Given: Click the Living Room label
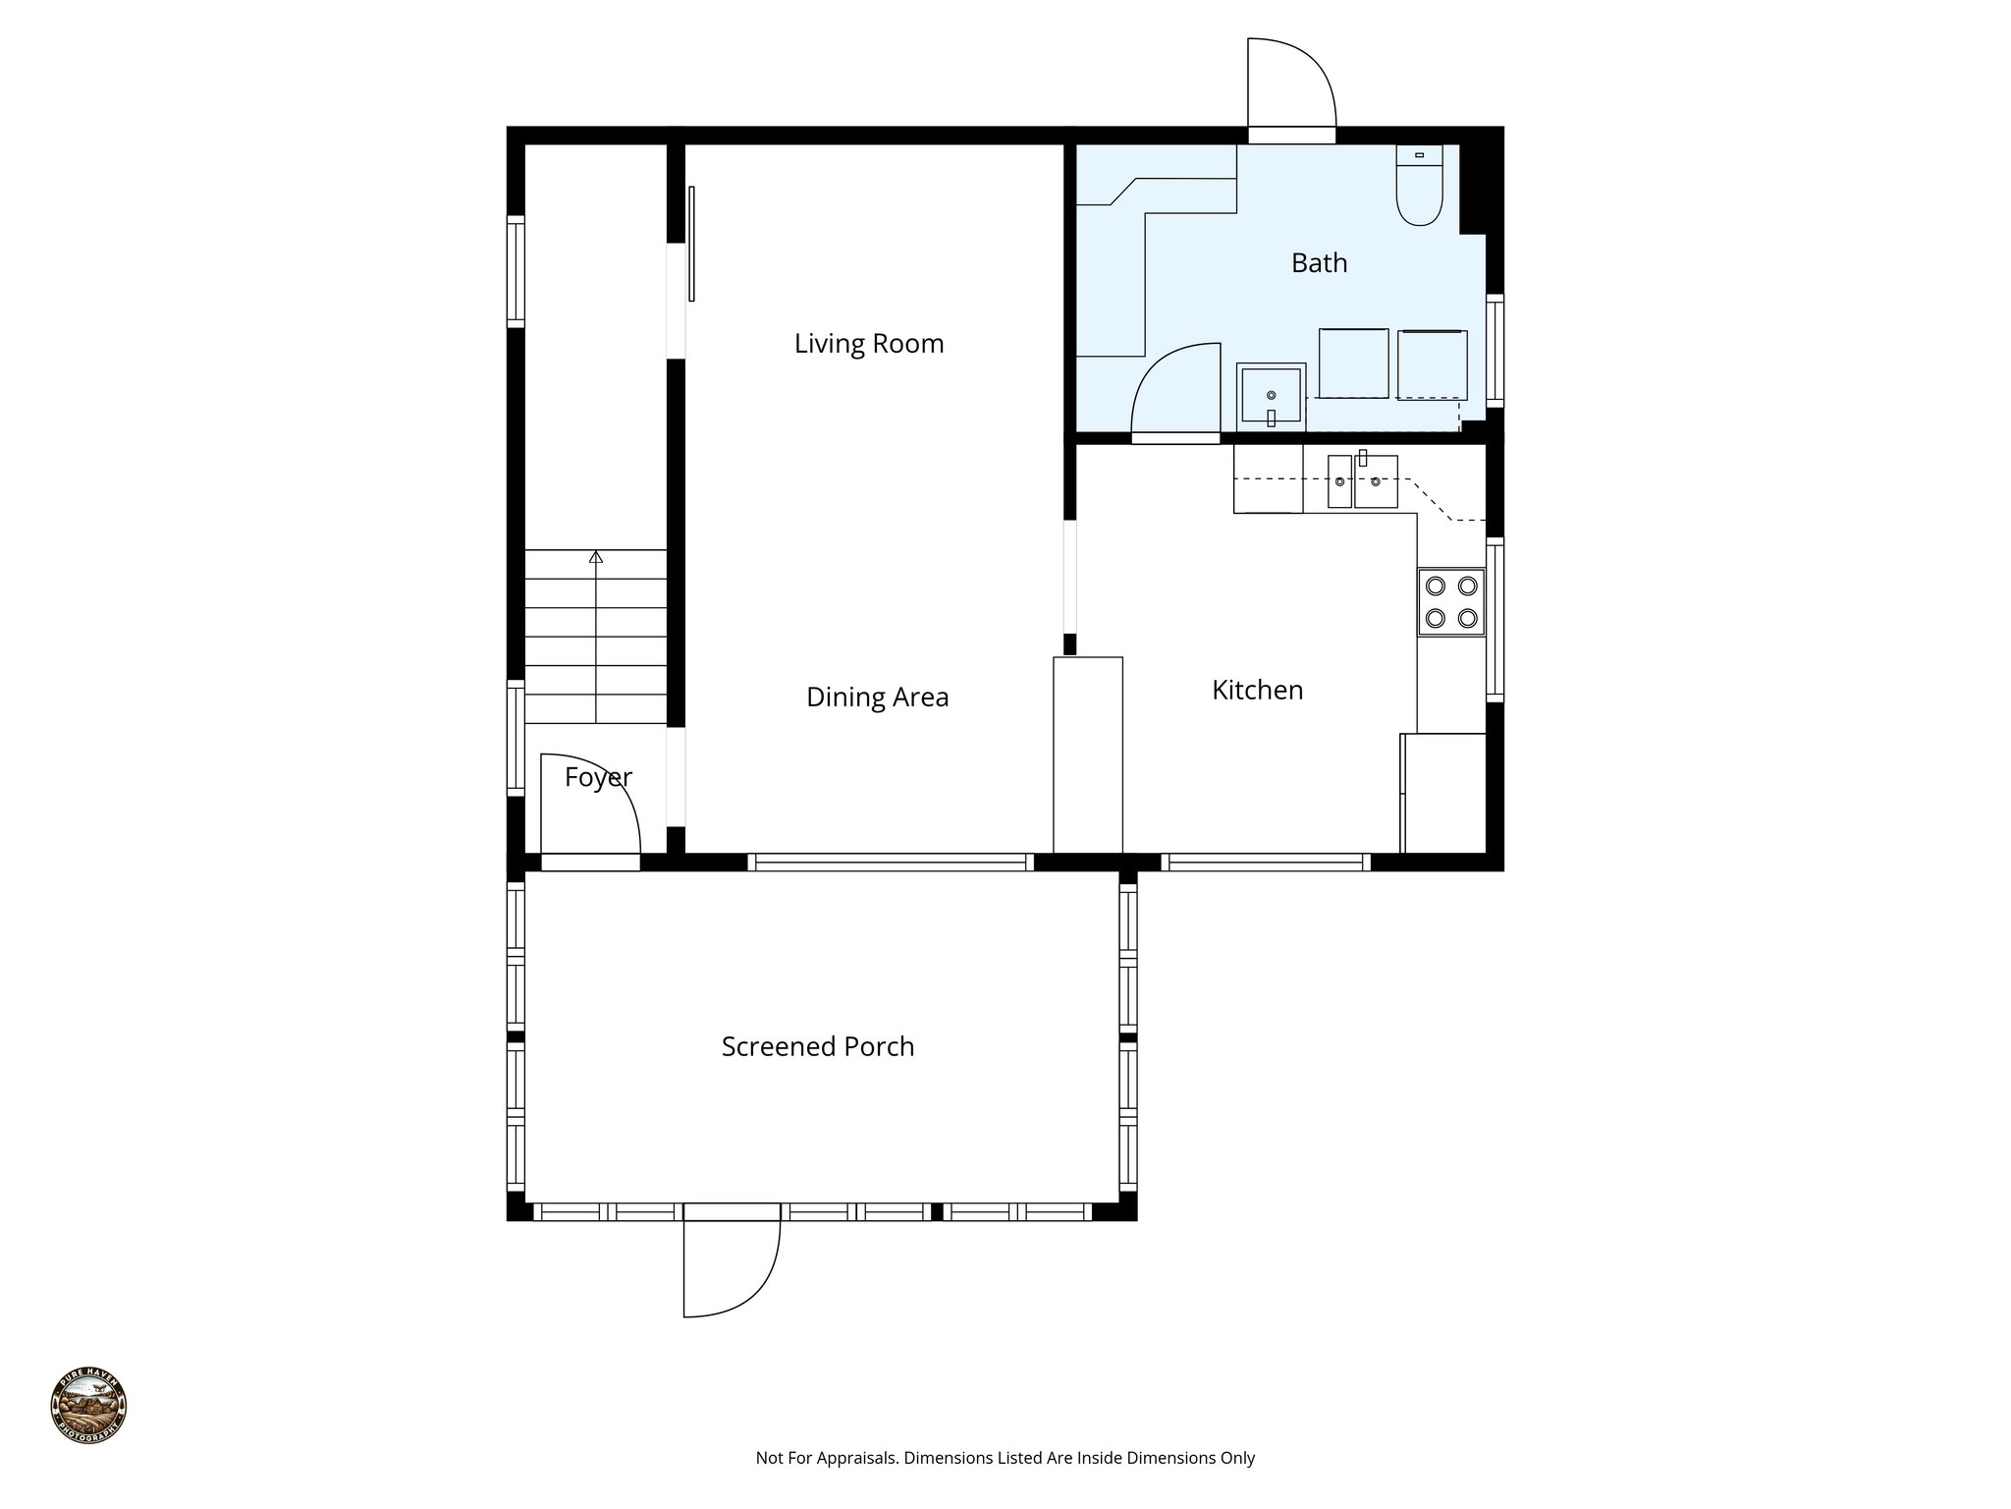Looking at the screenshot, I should tap(868, 344).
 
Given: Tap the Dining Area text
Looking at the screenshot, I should tap(877, 698).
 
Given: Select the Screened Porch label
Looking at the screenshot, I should tap(817, 1047).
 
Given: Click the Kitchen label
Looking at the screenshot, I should tap(1257, 691).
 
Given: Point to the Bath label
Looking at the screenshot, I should tap(1318, 263).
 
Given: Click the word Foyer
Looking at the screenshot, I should tap(597, 778).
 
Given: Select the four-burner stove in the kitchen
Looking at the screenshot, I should tap(1450, 601).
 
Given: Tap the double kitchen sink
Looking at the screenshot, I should tap(1362, 481).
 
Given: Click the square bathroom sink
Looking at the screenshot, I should tap(1271, 396).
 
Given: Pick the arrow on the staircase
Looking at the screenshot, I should tap(595, 557).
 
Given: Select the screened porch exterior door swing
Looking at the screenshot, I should tap(731, 1267).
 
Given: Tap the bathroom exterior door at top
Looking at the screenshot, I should tap(1290, 88).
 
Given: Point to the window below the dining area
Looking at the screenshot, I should tap(891, 863).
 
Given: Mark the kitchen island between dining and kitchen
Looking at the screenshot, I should tap(1087, 754).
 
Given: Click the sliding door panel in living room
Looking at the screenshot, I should tap(691, 244).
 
